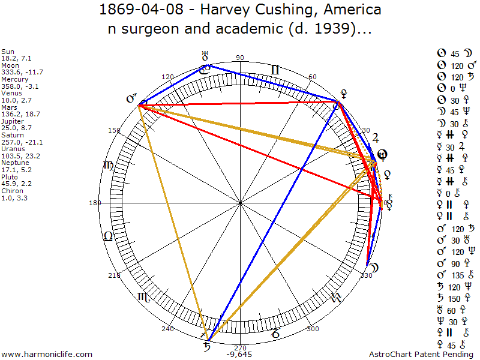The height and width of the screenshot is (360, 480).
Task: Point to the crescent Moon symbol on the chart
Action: click(x=373, y=266)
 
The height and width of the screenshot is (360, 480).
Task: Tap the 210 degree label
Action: click(x=113, y=276)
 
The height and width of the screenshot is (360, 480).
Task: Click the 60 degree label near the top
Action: click(x=313, y=77)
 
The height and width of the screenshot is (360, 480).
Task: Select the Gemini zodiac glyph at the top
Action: click(x=275, y=70)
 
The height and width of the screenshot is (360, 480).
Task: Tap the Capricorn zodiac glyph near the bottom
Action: click(x=276, y=331)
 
